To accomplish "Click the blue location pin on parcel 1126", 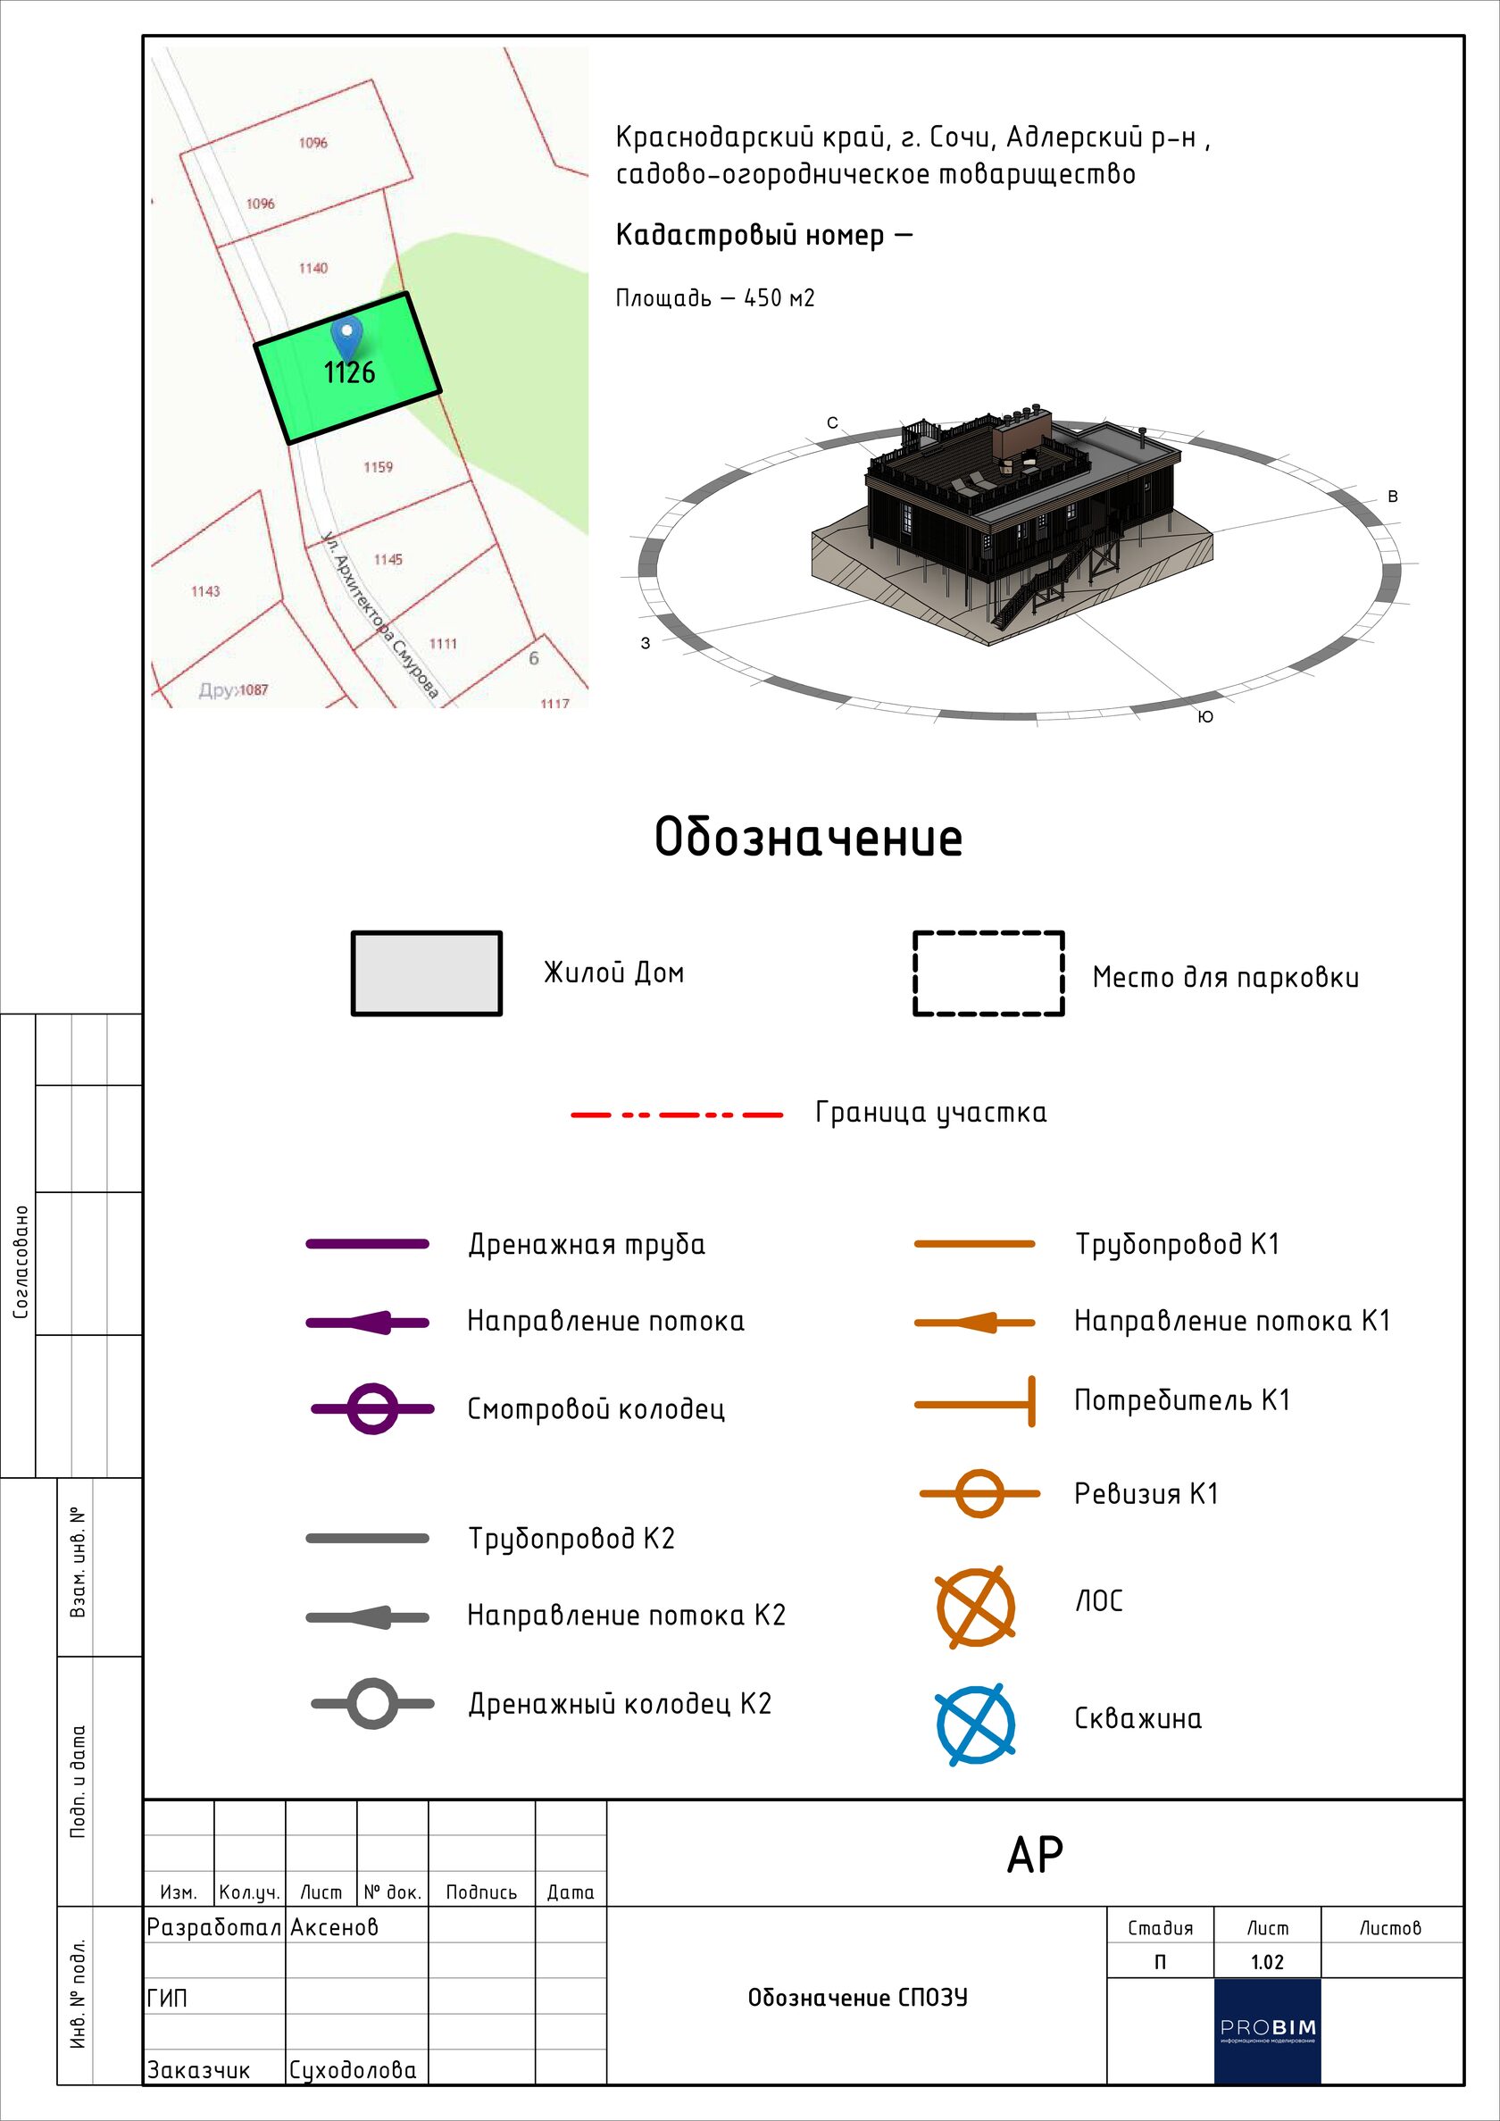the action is click(347, 339).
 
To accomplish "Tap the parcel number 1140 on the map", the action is click(313, 268).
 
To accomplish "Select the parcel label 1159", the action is click(378, 467).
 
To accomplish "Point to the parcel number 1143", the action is click(205, 591).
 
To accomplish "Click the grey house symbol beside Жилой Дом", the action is click(427, 973).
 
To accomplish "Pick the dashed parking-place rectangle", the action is click(988, 933).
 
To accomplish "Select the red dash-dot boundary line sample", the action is click(677, 1115).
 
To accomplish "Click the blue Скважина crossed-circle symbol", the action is click(975, 1724).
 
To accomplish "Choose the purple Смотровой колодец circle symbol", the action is click(372, 1408).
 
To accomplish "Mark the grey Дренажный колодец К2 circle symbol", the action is click(372, 1702).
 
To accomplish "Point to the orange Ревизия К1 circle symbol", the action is click(979, 1493).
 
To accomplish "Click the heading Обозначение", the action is click(808, 838).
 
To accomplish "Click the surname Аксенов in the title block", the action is click(334, 1927).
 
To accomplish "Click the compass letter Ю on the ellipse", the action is click(1205, 717).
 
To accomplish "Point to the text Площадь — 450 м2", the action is click(716, 298).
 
